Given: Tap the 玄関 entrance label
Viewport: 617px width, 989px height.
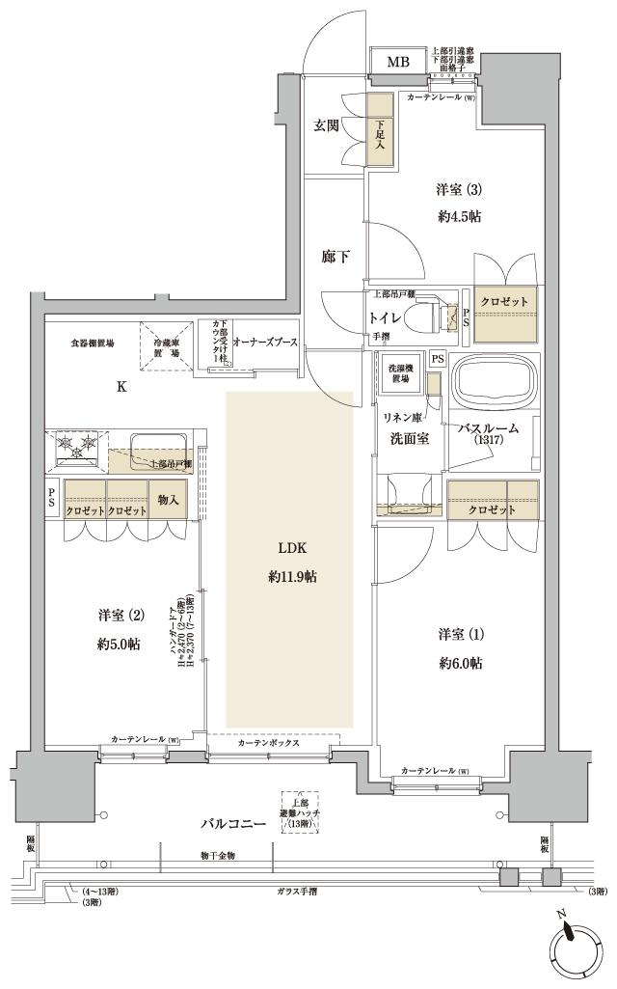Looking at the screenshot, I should pyautogui.click(x=325, y=125).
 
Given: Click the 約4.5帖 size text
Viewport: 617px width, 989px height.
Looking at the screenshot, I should pyautogui.click(x=459, y=216).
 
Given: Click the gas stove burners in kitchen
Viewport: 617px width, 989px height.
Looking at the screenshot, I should pyautogui.click(x=78, y=445).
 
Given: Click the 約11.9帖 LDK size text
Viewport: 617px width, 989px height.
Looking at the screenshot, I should pyautogui.click(x=291, y=577).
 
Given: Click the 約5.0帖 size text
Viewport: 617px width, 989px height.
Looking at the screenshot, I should pyautogui.click(x=121, y=644).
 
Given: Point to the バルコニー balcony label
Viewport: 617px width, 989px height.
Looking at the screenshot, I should pyautogui.click(x=233, y=824).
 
